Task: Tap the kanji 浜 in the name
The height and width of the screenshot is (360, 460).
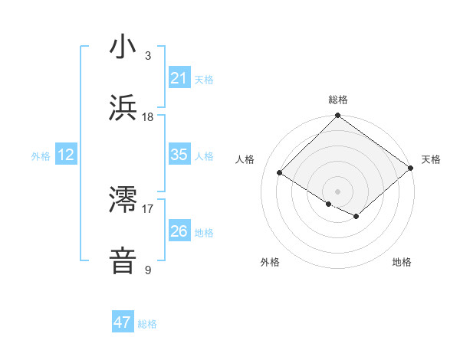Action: [x=123, y=108]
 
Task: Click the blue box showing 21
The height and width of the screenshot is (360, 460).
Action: [x=179, y=78]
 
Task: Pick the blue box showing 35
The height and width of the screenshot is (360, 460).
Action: [x=179, y=155]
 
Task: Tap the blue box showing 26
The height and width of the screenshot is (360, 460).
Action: [x=179, y=231]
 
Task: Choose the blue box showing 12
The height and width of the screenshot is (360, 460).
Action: [x=66, y=155]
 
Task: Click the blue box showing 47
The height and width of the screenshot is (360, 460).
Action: [x=123, y=322]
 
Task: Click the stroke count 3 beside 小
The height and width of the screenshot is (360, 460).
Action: [x=148, y=56]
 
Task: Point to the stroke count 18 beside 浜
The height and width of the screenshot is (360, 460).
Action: [x=148, y=117]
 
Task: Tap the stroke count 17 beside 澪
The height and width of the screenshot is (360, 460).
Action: [x=148, y=208]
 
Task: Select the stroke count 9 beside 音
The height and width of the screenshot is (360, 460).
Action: [x=148, y=270]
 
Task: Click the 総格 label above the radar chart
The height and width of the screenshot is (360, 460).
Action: [x=338, y=100]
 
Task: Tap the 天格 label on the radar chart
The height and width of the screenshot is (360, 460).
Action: [x=431, y=159]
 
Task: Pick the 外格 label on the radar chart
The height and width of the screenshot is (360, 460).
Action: [x=270, y=262]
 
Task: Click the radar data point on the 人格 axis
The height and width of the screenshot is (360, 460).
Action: [x=280, y=172]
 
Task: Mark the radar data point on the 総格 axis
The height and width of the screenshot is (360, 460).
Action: [x=338, y=116]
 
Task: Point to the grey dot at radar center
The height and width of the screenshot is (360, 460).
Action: [x=338, y=191]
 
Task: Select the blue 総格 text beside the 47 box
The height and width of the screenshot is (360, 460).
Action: [x=147, y=324]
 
